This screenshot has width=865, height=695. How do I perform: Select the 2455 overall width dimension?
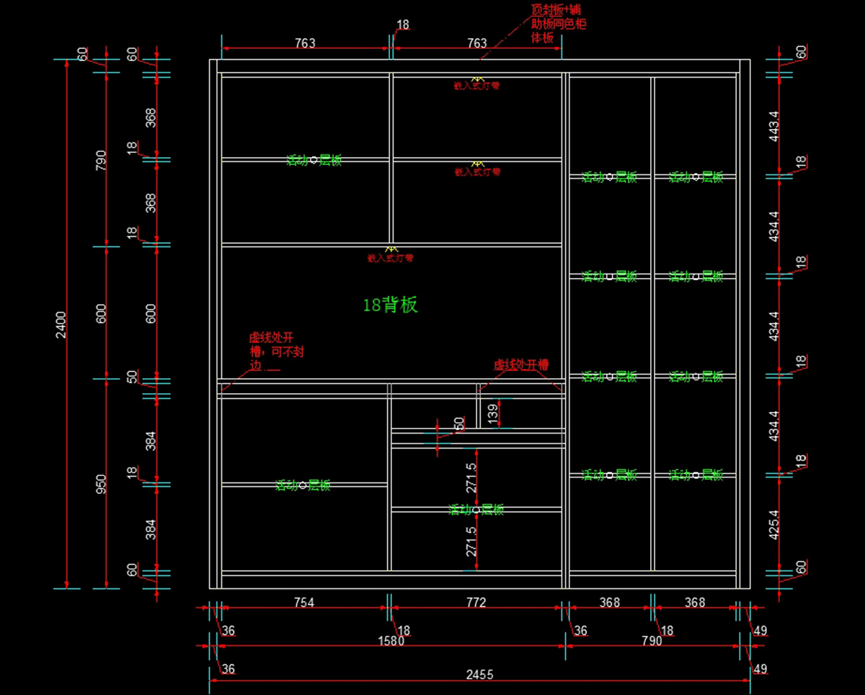point(479,674)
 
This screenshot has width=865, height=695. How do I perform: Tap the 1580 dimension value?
point(391,641)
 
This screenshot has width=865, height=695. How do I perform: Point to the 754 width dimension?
point(304,602)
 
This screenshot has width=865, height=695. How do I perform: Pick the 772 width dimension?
point(476,602)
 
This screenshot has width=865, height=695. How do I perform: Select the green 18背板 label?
point(390,305)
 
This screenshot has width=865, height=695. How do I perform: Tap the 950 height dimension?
point(102,483)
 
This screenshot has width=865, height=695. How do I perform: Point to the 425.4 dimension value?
point(774,526)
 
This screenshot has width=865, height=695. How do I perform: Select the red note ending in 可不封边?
point(272,351)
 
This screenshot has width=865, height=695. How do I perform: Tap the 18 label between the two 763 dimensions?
point(402,24)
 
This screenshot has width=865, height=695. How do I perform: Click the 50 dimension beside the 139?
point(459,425)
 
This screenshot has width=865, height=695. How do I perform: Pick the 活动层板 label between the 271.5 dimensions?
point(476,510)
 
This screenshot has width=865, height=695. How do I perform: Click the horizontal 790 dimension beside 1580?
point(652,641)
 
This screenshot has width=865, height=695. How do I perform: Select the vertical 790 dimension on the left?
point(102,159)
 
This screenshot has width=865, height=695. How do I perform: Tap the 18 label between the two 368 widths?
point(667,631)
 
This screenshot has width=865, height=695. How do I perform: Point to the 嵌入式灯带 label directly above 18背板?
point(390,257)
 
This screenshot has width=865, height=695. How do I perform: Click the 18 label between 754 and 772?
point(403,631)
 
